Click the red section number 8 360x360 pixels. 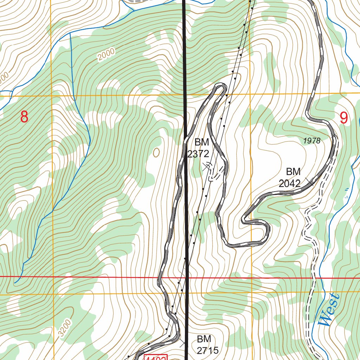[x=24, y=117]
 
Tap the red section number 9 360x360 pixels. [x=343, y=118]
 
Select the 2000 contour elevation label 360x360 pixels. [x=106, y=54]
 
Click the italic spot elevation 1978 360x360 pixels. [x=311, y=141]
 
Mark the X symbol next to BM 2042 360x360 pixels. [x=310, y=181]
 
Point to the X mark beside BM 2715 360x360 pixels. [x=183, y=343]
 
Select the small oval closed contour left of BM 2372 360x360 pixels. [x=156, y=152]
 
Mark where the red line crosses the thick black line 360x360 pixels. [x=186, y=277]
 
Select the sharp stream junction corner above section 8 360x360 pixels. [x=71, y=34]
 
